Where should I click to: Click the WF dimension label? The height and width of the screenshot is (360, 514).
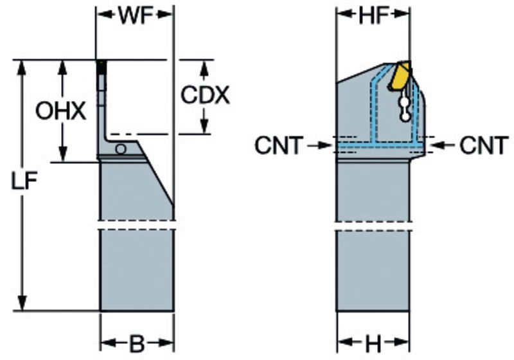(x=135, y=17)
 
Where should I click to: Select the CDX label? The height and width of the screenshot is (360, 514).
(x=204, y=96)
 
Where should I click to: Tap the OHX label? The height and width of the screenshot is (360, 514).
(x=60, y=112)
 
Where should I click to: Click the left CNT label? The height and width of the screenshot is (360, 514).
(x=278, y=146)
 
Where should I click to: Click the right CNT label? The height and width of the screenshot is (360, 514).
(x=484, y=146)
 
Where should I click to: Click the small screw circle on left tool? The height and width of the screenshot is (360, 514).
(x=120, y=148)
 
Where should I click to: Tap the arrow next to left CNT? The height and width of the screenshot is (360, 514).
(x=319, y=146)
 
